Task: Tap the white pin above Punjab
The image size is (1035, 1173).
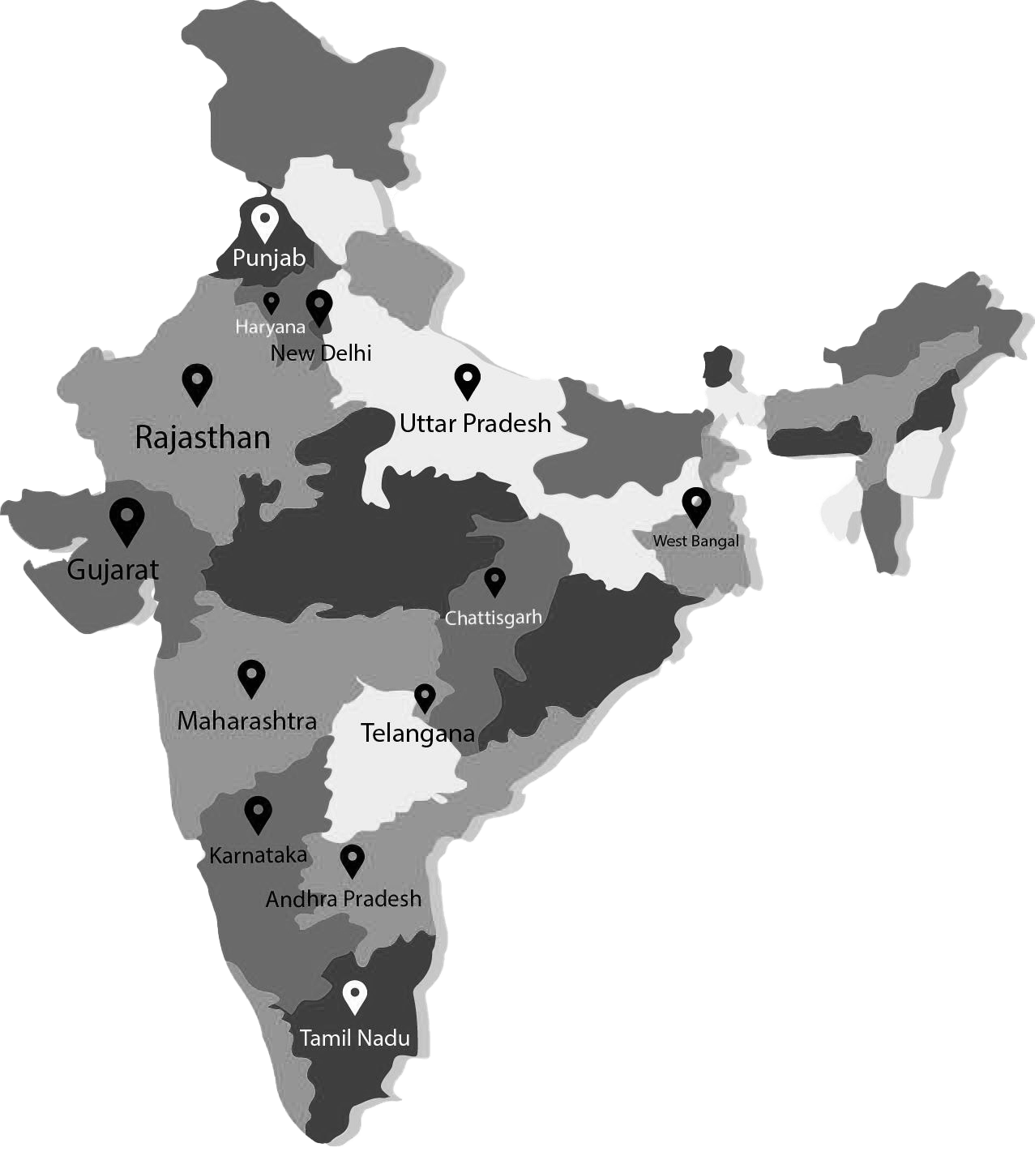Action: (x=263, y=222)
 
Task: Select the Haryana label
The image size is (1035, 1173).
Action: (x=271, y=327)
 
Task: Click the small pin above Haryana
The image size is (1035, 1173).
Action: (x=272, y=303)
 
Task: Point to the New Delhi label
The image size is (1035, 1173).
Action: (x=321, y=353)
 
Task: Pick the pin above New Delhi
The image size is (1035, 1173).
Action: (x=319, y=307)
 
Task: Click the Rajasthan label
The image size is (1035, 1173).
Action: (x=203, y=437)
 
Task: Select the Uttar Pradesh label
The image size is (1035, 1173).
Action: (x=475, y=422)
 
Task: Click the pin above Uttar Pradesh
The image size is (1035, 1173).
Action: (x=467, y=380)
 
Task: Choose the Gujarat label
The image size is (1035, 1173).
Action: (x=113, y=569)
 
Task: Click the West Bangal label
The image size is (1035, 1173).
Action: (x=696, y=541)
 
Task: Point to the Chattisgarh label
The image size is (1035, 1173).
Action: (x=493, y=618)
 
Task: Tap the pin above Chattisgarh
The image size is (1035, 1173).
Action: (x=494, y=581)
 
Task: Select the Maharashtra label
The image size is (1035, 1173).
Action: (x=246, y=720)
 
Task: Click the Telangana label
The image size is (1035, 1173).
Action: (x=417, y=733)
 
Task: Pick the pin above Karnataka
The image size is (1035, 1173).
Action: (x=258, y=814)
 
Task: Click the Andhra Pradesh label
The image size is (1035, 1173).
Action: (x=344, y=898)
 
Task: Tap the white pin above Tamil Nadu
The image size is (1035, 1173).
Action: (x=354, y=996)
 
